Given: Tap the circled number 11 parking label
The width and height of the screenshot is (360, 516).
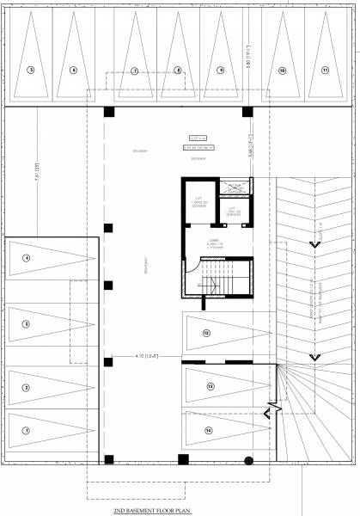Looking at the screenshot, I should [325, 70].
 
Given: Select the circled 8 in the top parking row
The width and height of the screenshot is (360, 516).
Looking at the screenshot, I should [178, 70].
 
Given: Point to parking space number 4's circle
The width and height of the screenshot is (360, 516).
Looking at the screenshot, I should [27, 258].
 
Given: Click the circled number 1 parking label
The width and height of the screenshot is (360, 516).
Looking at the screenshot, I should [27, 430].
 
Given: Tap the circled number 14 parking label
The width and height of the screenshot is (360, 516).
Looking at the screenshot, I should [209, 429].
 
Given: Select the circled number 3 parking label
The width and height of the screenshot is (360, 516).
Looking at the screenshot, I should [27, 324].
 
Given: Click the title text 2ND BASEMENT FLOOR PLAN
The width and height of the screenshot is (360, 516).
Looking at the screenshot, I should [151, 510].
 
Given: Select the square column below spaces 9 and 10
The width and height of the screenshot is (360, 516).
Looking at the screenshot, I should [247, 113].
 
